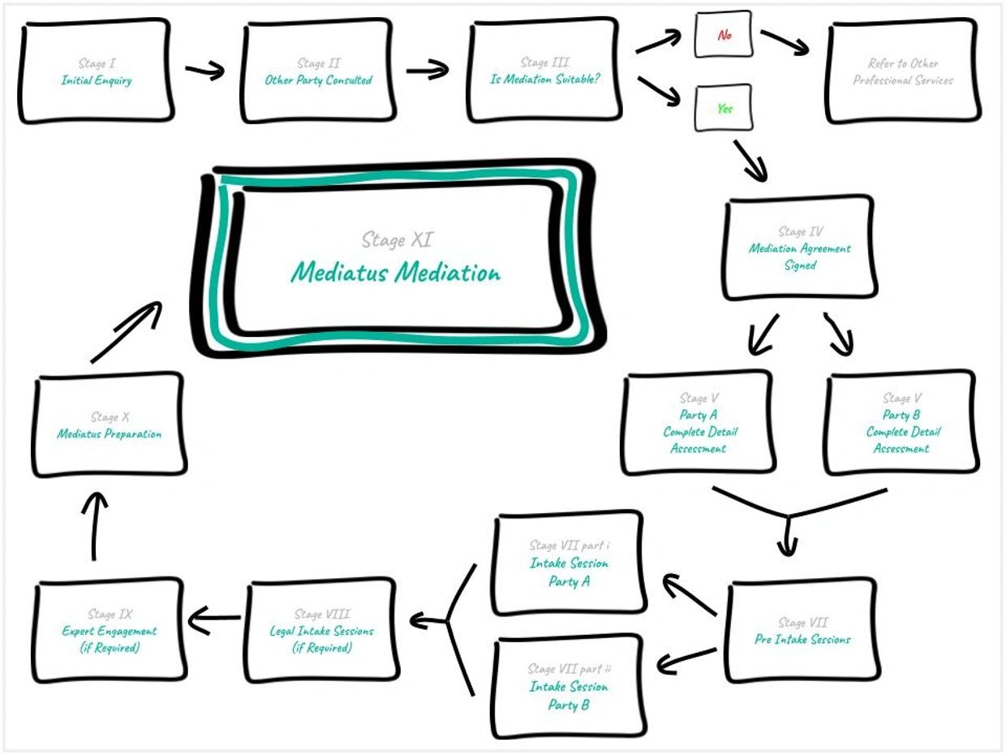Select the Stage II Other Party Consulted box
click(318, 72)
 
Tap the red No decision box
click(724, 35)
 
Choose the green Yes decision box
click(724, 108)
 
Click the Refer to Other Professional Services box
click(903, 72)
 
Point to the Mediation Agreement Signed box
click(799, 248)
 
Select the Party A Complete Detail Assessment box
click(698, 423)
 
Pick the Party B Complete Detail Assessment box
click(901, 423)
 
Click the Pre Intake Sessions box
click(802, 631)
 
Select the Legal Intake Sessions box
click(321, 631)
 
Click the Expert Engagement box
click(110, 631)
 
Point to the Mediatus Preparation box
click(109, 425)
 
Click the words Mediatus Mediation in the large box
click(396, 272)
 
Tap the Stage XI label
click(397, 240)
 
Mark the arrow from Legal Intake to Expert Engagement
click(214, 620)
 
